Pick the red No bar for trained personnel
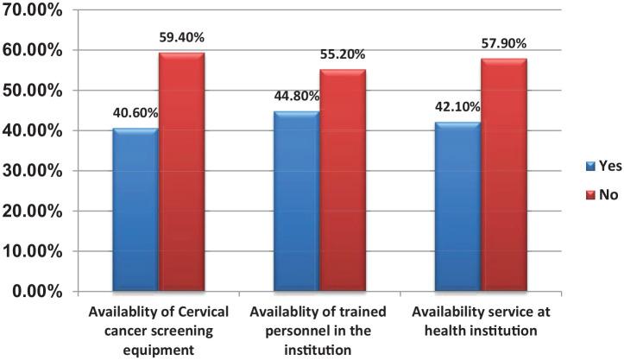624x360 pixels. pos(341,180)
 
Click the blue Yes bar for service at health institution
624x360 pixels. pos(457,206)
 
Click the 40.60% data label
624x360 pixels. pos(134,112)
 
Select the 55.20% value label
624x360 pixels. pos(342,54)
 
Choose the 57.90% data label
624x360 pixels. pos(504,43)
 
